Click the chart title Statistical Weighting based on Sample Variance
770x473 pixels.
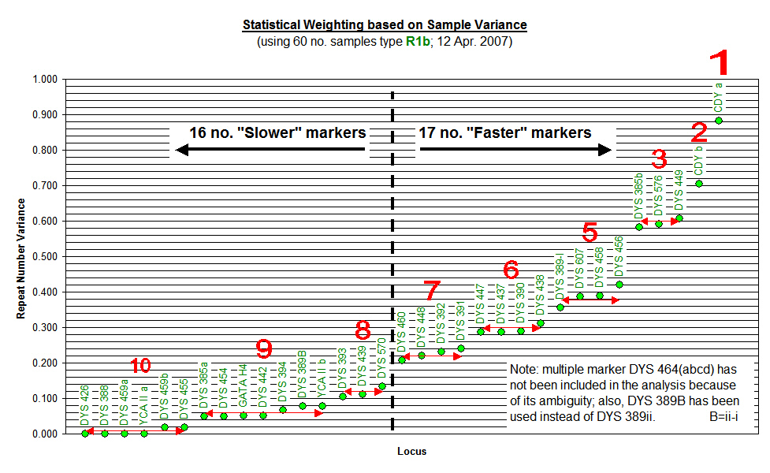[385, 25]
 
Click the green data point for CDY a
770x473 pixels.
[719, 121]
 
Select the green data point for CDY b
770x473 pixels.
[698, 184]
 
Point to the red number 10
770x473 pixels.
[140, 366]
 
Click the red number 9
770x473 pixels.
[265, 348]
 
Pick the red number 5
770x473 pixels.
[590, 233]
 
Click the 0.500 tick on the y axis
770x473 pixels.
[45, 257]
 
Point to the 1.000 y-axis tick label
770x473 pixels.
[45, 80]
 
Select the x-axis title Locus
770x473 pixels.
[412, 452]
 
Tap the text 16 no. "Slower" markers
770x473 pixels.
[276, 132]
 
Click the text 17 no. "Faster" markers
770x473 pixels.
[505, 132]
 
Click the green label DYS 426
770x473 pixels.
[85, 404]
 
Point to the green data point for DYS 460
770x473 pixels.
[402, 360]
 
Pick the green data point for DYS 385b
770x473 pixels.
[639, 227]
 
